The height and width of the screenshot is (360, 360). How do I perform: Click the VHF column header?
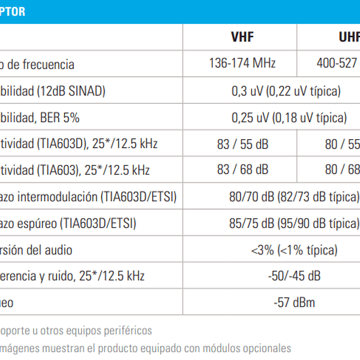(x=242, y=37)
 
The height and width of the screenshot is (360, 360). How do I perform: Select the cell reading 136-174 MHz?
(x=242, y=64)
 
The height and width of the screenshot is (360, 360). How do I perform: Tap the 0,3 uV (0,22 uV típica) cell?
(x=286, y=91)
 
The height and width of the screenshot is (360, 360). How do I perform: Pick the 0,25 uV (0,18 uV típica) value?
(x=289, y=118)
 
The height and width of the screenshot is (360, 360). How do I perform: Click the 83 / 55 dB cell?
(x=242, y=144)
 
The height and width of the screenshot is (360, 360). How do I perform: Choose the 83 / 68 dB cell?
(x=242, y=170)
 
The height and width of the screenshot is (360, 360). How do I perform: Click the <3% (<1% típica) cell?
(x=294, y=249)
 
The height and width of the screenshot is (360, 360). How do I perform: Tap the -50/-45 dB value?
(x=294, y=275)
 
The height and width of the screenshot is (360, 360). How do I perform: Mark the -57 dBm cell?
(x=294, y=302)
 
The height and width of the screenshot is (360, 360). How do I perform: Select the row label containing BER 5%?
(x=40, y=118)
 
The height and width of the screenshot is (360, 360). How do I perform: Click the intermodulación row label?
(x=88, y=197)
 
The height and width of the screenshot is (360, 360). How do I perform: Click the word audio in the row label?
(x=57, y=249)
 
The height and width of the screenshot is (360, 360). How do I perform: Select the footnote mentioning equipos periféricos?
(x=75, y=331)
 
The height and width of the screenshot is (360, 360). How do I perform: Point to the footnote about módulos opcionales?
(x=145, y=347)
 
